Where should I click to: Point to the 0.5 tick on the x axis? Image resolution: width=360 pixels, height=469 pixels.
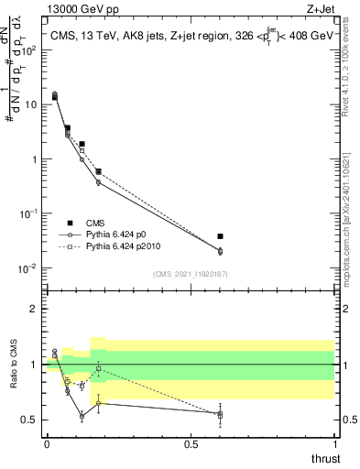point(191,442)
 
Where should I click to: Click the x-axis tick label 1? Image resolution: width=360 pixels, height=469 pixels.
point(335,442)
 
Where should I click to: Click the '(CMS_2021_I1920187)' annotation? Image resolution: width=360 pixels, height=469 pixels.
point(190,273)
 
